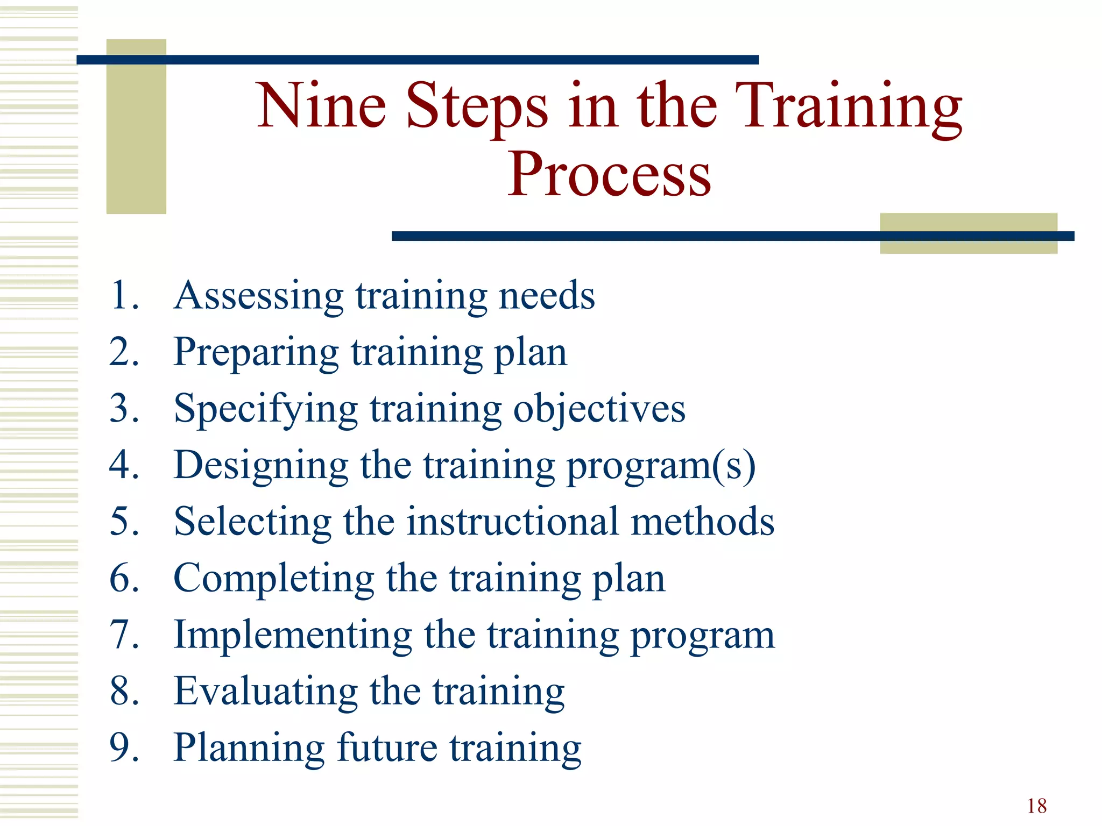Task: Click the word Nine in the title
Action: [322, 106]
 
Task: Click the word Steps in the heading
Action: [476, 106]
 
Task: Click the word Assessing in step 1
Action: [259, 296]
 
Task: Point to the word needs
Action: [547, 296]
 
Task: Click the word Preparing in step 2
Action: [256, 353]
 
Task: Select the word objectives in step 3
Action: [599, 410]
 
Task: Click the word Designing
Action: [261, 466]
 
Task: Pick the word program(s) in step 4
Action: [661, 466]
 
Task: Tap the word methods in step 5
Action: [702, 522]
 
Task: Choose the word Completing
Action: [273, 579]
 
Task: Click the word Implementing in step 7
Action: [293, 636]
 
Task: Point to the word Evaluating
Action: [266, 692]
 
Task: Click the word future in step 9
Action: [387, 748]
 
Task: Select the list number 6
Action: [124, 579]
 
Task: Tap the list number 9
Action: [124, 748]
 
